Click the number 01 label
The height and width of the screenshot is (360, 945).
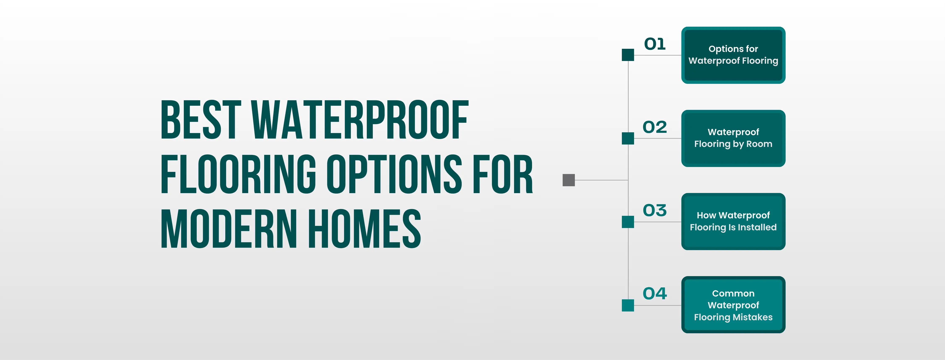pyautogui.click(x=655, y=44)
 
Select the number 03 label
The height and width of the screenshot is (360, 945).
pyautogui.click(x=655, y=210)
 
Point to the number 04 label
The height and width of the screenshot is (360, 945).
pyautogui.click(x=655, y=294)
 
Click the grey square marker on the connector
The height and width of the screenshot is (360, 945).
pyautogui.click(x=569, y=180)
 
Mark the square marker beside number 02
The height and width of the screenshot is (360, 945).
pyautogui.click(x=628, y=138)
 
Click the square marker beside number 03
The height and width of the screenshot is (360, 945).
pyautogui.click(x=628, y=222)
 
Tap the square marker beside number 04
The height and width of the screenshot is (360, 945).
pyautogui.click(x=628, y=305)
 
